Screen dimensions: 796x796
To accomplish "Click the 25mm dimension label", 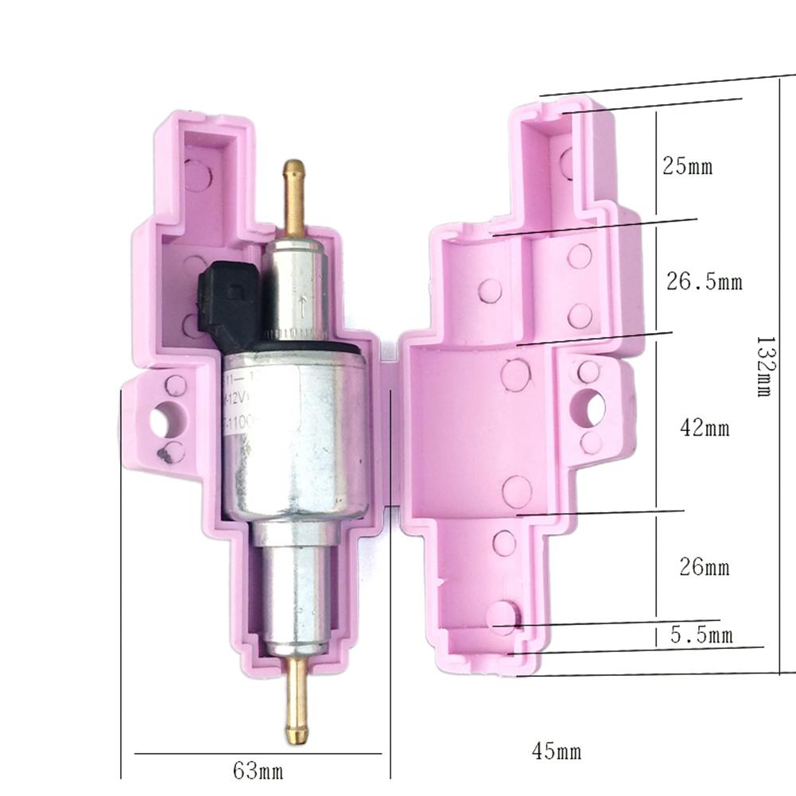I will (687, 167).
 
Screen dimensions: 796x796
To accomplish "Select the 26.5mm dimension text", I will (703, 282).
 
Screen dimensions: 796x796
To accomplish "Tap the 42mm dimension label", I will (705, 429).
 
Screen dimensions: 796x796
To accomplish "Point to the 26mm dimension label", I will (704, 568).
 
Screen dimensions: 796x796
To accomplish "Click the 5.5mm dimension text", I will (699, 635).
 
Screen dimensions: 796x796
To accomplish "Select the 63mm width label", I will (258, 771).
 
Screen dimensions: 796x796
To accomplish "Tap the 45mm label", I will (556, 751).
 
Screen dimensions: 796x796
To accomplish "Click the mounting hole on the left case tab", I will (169, 417).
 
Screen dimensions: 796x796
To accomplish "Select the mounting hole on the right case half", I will (590, 405).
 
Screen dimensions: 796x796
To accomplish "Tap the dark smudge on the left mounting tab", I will (165, 455).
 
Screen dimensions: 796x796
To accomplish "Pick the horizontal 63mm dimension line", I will (258, 753).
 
